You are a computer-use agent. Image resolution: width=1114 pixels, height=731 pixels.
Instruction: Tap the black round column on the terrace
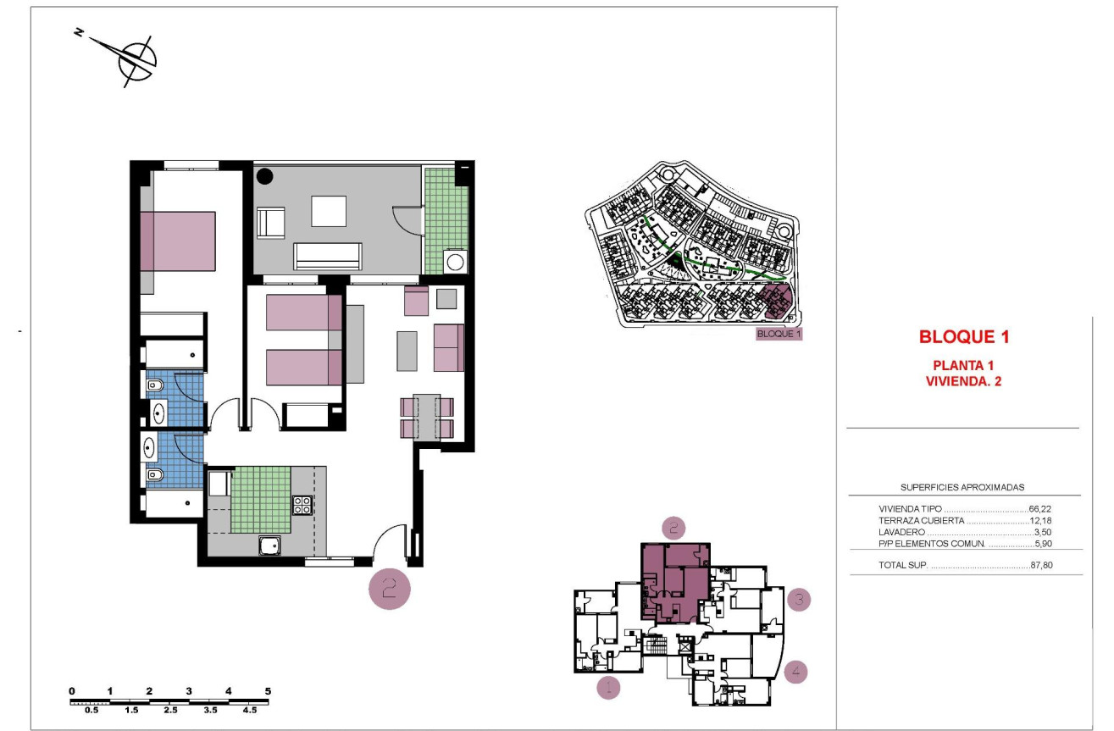pyautogui.click(x=265, y=177)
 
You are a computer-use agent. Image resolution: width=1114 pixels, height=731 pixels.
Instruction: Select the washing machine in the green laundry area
pyautogui.click(x=456, y=260)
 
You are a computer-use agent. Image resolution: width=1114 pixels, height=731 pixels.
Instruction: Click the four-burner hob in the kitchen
pyautogui.click(x=302, y=505)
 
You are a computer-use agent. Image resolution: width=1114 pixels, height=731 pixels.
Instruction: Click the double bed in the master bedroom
pyautogui.click(x=178, y=241)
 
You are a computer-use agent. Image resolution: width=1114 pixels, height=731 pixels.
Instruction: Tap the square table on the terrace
pyautogui.click(x=329, y=211)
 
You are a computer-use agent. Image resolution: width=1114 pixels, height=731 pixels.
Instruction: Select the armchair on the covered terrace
pyautogui.click(x=272, y=223)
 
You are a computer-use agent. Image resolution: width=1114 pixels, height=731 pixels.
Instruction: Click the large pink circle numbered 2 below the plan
pyautogui.click(x=390, y=588)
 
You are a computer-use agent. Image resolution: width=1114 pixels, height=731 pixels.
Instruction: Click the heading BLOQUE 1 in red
pyautogui.click(x=964, y=337)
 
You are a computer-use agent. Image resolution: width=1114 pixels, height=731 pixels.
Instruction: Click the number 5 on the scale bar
pyautogui.click(x=268, y=691)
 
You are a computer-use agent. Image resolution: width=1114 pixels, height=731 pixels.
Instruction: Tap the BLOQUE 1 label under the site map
pyautogui.click(x=779, y=334)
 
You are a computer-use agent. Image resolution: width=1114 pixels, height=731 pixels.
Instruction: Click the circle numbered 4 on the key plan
pyautogui.click(x=795, y=673)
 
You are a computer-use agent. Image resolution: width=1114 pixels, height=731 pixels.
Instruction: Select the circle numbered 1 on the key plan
pyautogui.click(x=607, y=687)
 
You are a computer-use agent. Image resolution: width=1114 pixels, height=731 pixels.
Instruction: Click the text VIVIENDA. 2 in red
pyautogui.click(x=963, y=381)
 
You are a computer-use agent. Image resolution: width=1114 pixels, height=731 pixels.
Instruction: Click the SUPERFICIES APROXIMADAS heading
pyautogui.click(x=962, y=488)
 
